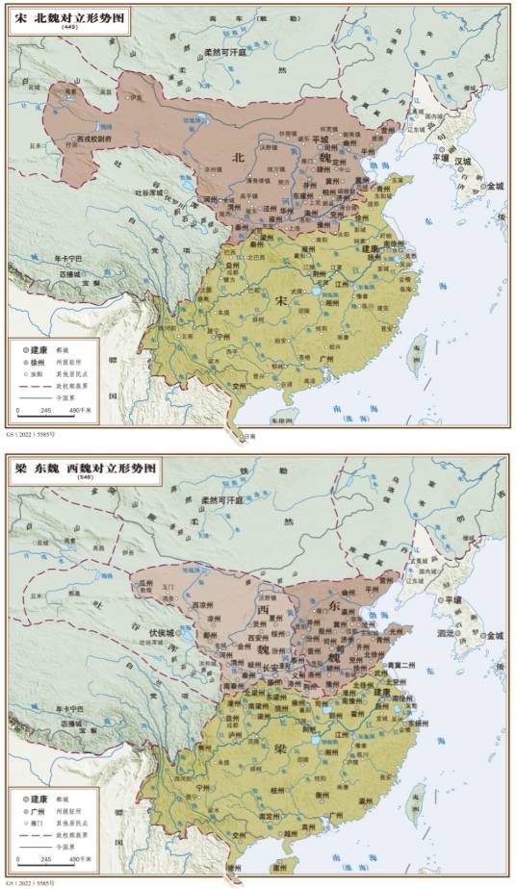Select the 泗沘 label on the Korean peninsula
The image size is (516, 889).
[x=449, y=635]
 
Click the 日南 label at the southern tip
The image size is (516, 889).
[x=248, y=435]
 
